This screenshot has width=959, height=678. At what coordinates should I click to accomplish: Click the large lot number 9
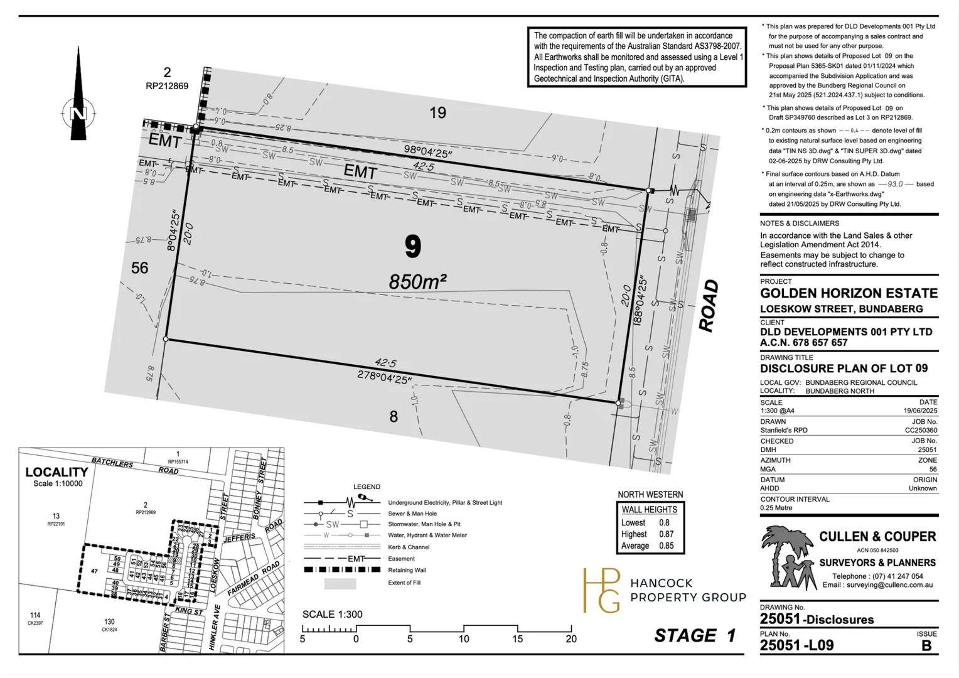tap(412, 246)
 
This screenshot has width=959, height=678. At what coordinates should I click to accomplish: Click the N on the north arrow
tap(78, 114)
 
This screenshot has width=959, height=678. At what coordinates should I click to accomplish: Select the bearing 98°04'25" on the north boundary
tap(428, 151)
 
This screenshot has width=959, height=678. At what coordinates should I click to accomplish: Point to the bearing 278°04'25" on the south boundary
tap(384, 377)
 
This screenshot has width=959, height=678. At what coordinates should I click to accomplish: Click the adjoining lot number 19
tap(437, 113)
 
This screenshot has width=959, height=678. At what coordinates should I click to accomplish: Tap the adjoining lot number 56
tap(139, 268)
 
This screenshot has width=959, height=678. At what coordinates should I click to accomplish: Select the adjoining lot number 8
tap(394, 416)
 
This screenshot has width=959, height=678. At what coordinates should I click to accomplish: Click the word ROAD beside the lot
tap(709, 306)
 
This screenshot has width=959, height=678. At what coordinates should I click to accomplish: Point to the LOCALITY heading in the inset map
tap(56, 472)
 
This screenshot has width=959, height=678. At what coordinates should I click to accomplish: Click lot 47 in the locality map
tap(94, 571)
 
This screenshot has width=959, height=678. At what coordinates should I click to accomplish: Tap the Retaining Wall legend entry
tap(407, 571)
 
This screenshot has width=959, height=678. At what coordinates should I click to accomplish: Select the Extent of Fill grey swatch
tap(340, 584)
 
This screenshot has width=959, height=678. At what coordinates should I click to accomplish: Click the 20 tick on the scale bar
tap(571, 639)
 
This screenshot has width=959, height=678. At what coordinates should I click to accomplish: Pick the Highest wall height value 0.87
tap(666, 534)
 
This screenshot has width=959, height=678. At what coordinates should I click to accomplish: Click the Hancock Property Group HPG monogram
tap(601, 590)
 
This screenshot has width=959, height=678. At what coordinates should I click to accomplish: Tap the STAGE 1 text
tap(695, 636)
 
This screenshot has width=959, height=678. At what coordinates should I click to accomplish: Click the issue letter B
tap(926, 645)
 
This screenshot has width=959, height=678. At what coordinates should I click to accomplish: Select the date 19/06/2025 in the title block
tap(919, 411)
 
